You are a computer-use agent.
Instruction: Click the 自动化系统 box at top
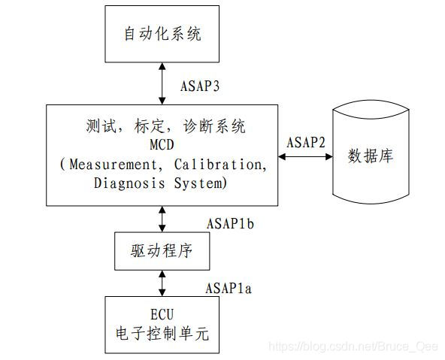click(x=163, y=35)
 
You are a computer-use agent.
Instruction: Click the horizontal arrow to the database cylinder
click(x=305, y=156)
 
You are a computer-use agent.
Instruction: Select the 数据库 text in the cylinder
click(x=369, y=157)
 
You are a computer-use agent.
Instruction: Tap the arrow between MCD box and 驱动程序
click(x=163, y=220)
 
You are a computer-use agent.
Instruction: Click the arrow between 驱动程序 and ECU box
click(x=163, y=283)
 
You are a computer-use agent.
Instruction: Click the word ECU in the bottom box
click(x=162, y=313)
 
